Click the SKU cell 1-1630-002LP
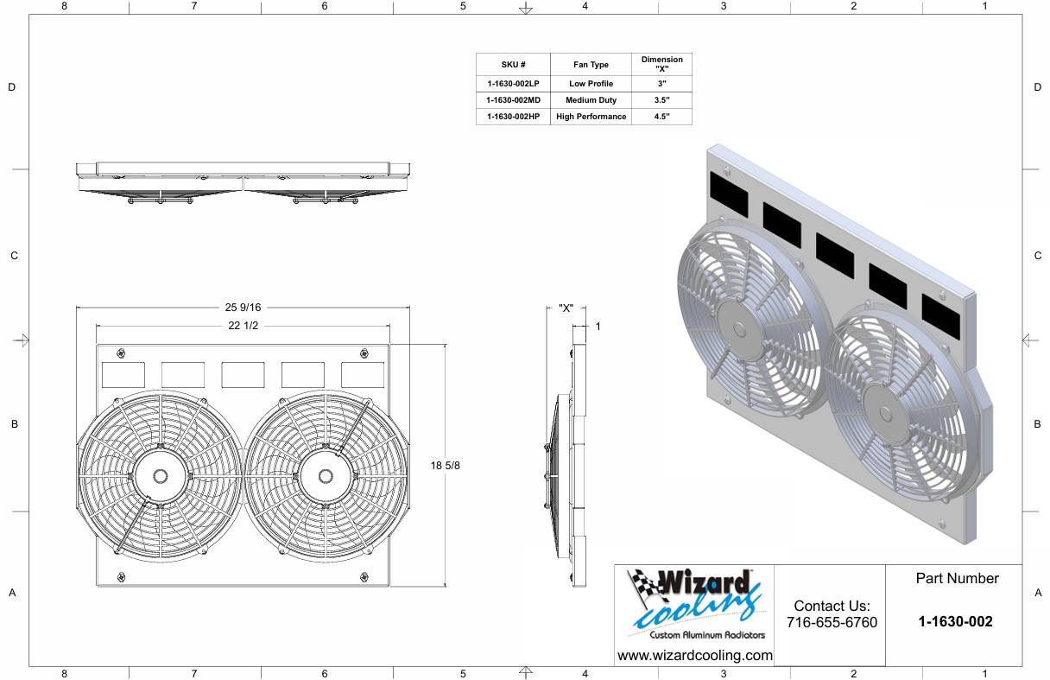coord(513,84)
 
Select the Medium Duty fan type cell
coord(591,100)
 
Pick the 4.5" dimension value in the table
coord(661,117)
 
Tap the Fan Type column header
coord(591,65)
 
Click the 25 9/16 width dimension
coord(243,308)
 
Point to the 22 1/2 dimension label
coord(243,326)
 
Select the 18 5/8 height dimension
coord(445,465)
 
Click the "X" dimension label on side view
coord(566,308)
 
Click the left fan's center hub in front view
coord(161,476)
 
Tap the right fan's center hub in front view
coord(326,476)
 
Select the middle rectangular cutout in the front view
coord(243,375)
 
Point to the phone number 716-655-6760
coord(832,623)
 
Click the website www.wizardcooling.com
coord(695,656)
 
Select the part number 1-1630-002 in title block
coord(955,622)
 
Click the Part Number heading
coord(957,579)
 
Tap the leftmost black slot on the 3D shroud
coord(729,194)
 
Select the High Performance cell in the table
coord(591,117)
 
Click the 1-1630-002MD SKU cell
coord(513,100)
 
